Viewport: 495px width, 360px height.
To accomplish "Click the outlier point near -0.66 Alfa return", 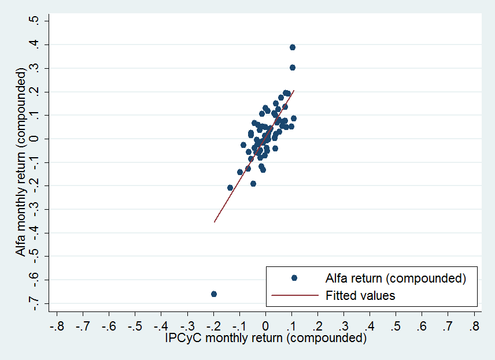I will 214,294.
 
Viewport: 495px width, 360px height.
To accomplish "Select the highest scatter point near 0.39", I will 293,47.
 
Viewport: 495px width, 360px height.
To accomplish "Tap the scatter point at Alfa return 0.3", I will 293,68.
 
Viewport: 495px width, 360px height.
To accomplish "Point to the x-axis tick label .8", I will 474,326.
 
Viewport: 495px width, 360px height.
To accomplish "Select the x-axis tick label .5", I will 396,326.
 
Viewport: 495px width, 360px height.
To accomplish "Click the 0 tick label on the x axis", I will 265,326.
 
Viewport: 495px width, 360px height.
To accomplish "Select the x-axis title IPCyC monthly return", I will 265,339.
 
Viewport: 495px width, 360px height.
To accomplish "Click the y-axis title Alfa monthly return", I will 21,163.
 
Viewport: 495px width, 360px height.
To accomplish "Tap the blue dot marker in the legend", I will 294,278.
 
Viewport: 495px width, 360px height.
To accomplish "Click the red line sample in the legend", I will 294,295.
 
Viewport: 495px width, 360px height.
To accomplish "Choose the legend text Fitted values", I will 360,295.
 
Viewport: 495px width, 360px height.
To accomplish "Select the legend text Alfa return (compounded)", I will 396,278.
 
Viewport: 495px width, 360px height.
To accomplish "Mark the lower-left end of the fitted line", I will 215,222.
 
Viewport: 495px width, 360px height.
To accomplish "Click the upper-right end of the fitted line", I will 294,90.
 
